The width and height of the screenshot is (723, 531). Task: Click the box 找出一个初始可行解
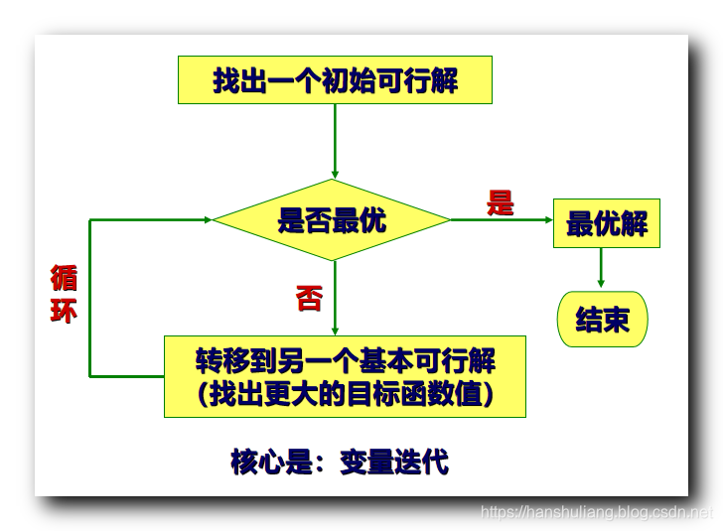[x=335, y=80]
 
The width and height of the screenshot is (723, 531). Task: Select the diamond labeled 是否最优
[x=333, y=220]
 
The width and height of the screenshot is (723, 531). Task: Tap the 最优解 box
[x=606, y=223]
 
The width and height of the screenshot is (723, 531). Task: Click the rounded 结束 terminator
[x=602, y=320]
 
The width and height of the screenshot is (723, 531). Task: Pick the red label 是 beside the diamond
[x=501, y=202]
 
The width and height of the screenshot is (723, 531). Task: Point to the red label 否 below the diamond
[x=309, y=298]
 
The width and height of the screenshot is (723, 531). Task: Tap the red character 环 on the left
[x=64, y=311]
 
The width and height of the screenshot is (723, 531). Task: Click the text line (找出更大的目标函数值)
[x=345, y=394]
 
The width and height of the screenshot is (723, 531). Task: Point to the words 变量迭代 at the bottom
[x=393, y=462]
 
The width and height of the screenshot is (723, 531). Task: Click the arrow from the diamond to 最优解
[x=502, y=219]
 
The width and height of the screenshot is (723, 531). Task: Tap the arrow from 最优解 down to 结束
[x=601, y=269]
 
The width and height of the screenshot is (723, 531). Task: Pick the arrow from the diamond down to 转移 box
[x=335, y=298]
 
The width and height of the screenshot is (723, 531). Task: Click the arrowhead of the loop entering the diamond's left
[x=207, y=219]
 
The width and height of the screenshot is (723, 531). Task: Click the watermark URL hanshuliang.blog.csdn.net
[x=596, y=513]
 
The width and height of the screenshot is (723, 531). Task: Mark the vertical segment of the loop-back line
[x=90, y=298]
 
